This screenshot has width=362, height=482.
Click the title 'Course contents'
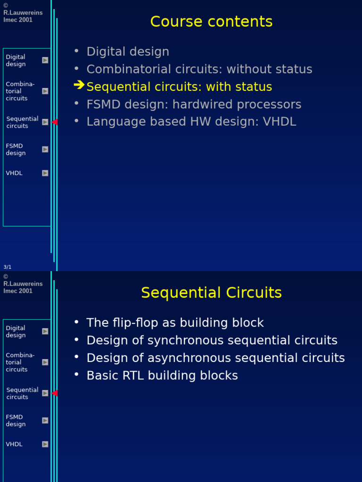point(211,22)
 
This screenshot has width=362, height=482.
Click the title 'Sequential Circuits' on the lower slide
point(211,293)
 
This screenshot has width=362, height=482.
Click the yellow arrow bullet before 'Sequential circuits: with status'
point(79,85)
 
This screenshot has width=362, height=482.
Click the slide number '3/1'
point(8,267)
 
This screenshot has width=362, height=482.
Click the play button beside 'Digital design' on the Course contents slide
point(45,60)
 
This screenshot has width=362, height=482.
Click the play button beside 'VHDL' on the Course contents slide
point(45,173)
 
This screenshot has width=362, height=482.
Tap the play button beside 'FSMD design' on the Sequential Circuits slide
point(45,420)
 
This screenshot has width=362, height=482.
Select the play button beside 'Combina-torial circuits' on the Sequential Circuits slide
point(45,362)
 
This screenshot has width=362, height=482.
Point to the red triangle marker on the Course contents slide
point(54,122)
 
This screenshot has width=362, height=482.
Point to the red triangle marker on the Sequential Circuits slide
point(54,393)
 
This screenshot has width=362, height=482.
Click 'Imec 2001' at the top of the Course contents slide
point(18,20)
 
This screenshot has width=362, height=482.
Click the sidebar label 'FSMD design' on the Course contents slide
point(16,150)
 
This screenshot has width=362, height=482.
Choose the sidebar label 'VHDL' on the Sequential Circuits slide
point(14,444)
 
